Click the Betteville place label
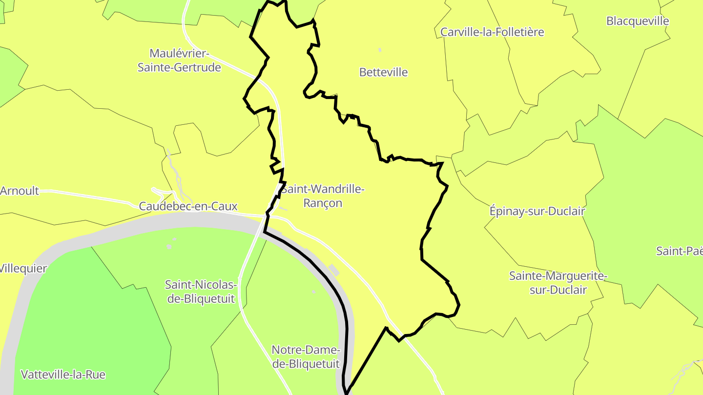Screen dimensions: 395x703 pos(383,72)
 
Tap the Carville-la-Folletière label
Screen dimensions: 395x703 pos(492,32)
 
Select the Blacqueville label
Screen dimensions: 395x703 pos(638,21)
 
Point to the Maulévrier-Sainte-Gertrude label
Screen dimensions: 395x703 pos(179,60)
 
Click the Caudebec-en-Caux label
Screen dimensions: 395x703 pos(188,206)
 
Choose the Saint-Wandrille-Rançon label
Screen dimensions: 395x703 pos(323,196)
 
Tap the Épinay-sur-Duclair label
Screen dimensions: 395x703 pos(537,211)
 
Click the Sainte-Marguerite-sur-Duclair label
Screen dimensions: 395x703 pos(558,283)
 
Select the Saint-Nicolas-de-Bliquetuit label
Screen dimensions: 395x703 pos(201,291)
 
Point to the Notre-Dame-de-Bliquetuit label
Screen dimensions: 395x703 pos(306,356)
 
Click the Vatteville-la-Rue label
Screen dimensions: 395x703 pos(63,375)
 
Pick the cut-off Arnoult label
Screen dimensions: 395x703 pos(20,191)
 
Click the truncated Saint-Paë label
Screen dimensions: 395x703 pos(679,251)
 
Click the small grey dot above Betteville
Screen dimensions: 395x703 pos(380,50)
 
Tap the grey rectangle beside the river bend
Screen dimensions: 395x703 pos(334,270)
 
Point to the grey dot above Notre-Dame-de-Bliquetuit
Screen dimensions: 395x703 pos(313,292)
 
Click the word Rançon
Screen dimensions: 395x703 pos(323,203)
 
